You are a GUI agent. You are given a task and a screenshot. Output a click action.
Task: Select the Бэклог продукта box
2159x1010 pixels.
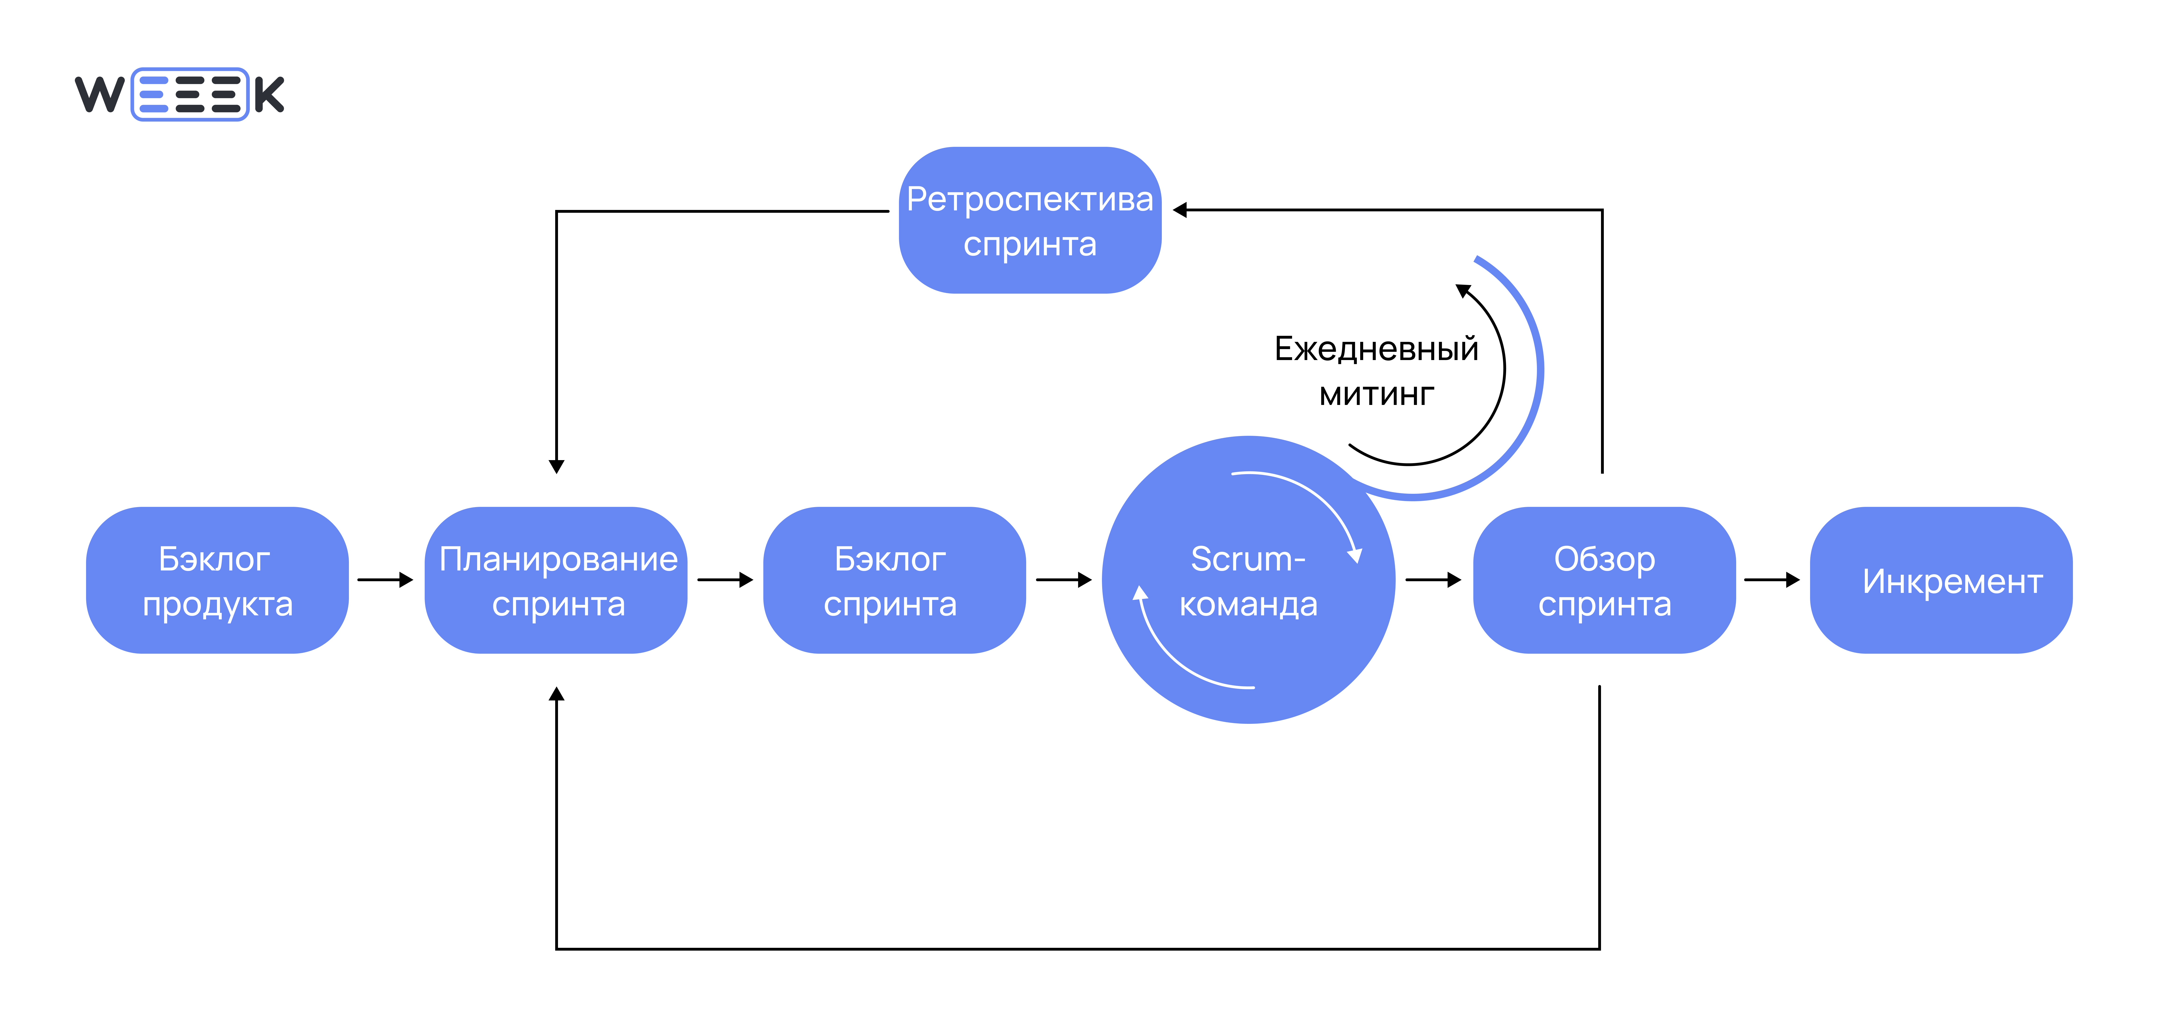(x=217, y=580)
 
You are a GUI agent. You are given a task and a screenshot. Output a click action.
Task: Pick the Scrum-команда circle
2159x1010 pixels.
(x=1248, y=580)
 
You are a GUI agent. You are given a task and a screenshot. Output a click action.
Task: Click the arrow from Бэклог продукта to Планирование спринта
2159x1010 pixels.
(x=386, y=579)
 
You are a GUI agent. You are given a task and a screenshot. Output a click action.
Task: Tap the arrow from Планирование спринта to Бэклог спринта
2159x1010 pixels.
(x=725, y=579)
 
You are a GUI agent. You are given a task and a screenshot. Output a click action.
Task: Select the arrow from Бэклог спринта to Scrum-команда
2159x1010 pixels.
(x=1064, y=579)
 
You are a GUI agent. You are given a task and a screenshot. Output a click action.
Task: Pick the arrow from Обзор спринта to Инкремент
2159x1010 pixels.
(x=1772, y=579)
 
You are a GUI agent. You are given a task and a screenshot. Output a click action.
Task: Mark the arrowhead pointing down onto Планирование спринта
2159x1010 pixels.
(x=557, y=466)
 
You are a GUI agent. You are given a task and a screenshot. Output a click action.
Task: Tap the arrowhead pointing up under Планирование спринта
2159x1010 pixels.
(x=557, y=694)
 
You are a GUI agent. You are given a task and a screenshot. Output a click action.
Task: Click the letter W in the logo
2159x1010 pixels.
(x=100, y=94)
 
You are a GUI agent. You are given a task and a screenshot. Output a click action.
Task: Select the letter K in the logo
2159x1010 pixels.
(x=269, y=94)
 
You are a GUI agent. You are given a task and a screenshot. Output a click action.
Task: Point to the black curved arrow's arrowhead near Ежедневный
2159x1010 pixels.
(x=1463, y=291)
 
